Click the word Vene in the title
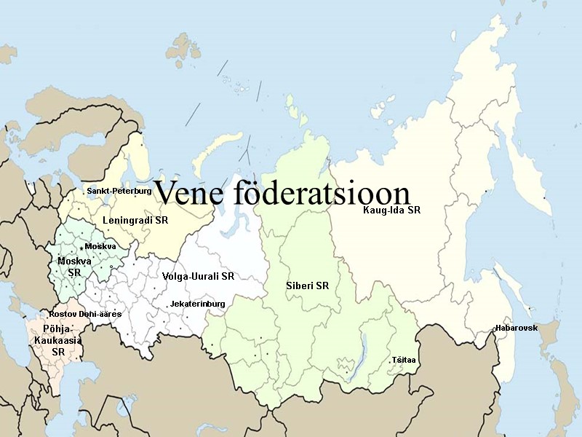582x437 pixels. pos(189,194)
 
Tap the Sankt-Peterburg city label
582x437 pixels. pos(119,191)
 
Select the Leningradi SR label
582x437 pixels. pos(135,219)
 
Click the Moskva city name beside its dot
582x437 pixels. pos(100,246)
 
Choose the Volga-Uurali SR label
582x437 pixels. pos(199,277)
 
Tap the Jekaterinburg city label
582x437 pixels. pos(197,303)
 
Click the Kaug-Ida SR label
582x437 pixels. pos(393,210)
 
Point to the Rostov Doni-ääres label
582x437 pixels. pos(85,313)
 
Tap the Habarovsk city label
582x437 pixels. pos(516,328)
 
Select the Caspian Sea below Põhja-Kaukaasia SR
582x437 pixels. pos(95,386)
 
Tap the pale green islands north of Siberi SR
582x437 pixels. pos(298,109)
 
